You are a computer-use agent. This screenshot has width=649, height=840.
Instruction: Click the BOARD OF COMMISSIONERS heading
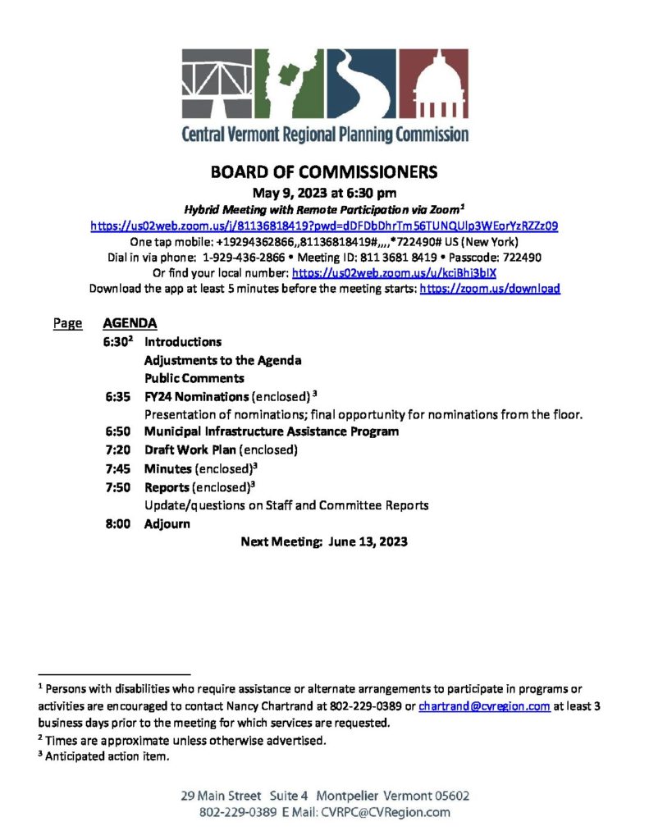(x=324, y=172)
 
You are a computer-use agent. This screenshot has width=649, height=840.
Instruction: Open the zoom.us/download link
(x=490, y=289)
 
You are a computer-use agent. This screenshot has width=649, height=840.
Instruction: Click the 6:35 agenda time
(x=119, y=396)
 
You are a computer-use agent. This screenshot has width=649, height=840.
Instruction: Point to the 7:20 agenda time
(x=119, y=450)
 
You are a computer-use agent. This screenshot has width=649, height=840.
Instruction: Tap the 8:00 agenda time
(x=119, y=523)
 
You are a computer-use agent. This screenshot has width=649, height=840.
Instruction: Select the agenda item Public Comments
(x=194, y=378)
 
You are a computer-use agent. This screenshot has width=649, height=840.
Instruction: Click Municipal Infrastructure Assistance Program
(x=272, y=431)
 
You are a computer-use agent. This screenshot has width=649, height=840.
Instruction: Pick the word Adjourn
(x=167, y=523)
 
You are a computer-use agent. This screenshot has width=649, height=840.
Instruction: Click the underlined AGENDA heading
(x=130, y=323)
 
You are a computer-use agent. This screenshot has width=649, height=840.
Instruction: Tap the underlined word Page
(x=67, y=323)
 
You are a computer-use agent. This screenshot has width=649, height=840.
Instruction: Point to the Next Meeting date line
(x=324, y=541)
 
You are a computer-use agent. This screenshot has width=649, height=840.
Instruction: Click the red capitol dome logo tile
(x=435, y=84)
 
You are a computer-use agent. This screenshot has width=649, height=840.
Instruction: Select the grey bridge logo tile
(x=217, y=84)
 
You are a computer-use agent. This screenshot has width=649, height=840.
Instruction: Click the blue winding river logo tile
(x=365, y=84)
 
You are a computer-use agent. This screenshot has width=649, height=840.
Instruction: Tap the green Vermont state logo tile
(x=292, y=84)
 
